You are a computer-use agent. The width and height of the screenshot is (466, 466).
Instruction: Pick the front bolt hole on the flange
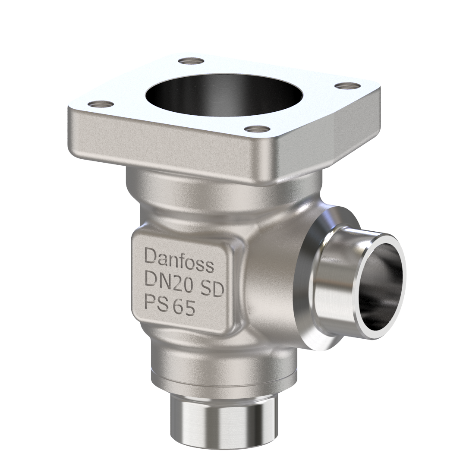258,129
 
